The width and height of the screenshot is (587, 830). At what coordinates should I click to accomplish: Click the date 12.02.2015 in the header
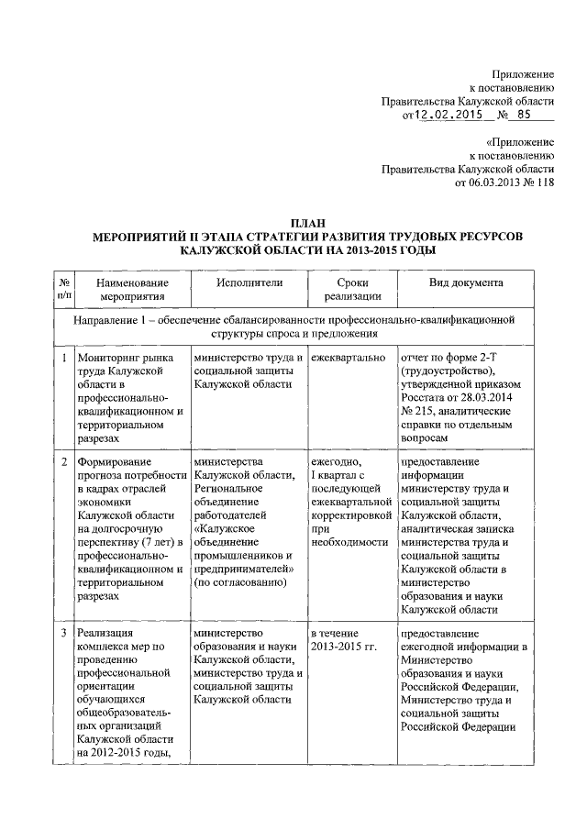click(449, 116)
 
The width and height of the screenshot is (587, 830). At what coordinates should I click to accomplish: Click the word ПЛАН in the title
click(308, 223)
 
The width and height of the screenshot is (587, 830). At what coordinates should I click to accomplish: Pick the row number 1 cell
click(63, 358)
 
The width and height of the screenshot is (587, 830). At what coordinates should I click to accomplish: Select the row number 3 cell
click(63, 634)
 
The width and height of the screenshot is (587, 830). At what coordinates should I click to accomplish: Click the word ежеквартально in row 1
click(348, 358)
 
